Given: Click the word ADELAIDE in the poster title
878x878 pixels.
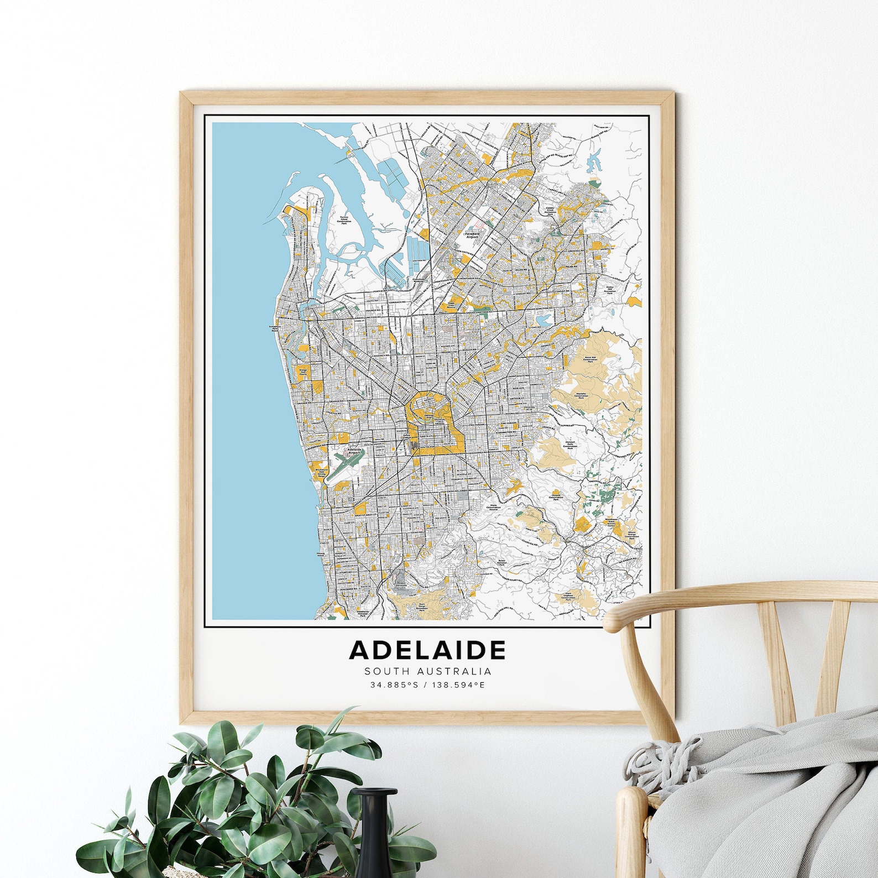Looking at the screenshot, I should click(x=427, y=650).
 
